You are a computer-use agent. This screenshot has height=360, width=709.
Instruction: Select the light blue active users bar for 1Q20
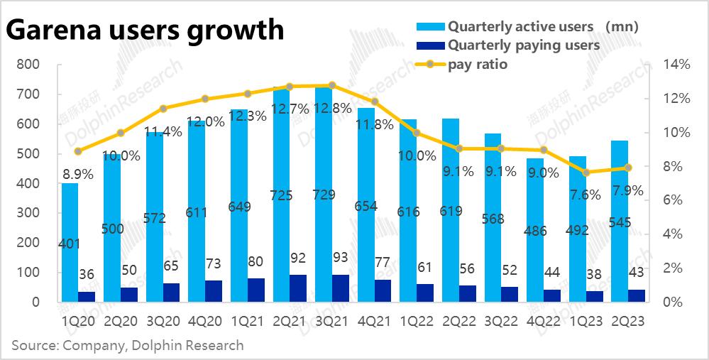(70, 241)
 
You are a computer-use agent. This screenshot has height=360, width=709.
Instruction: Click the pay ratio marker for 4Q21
(375, 102)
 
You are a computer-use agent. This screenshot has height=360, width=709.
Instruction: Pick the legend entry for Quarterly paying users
(523, 45)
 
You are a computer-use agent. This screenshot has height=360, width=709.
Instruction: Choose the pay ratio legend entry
(477, 65)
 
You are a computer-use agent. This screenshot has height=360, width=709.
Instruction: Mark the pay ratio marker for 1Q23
(586, 173)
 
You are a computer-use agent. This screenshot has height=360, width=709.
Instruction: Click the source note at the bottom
(128, 346)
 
